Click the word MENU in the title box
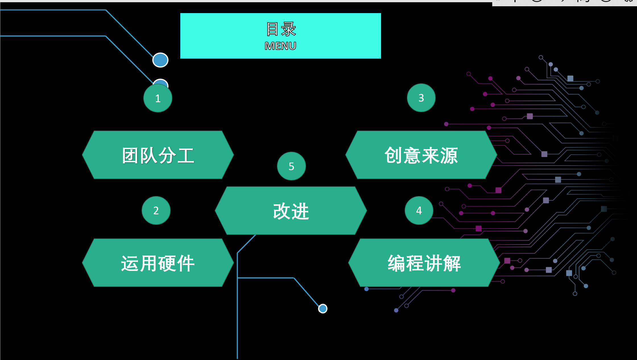tap(280, 46)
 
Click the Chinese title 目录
tap(281, 29)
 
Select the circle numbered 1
tap(158, 98)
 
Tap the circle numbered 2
tap(156, 211)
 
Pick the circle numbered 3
tap(421, 98)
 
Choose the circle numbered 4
tap(419, 211)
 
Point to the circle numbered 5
tap(291, 166)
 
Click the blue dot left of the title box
tap(160, 60)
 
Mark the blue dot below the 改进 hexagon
tap(323, 308)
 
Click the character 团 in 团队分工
tap(131, 156)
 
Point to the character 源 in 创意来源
tap(449, 156)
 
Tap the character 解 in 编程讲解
tap(452, 264)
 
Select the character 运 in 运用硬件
tap(130, 264)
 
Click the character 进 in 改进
tap(300, 211)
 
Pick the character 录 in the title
tap(289, 29)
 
